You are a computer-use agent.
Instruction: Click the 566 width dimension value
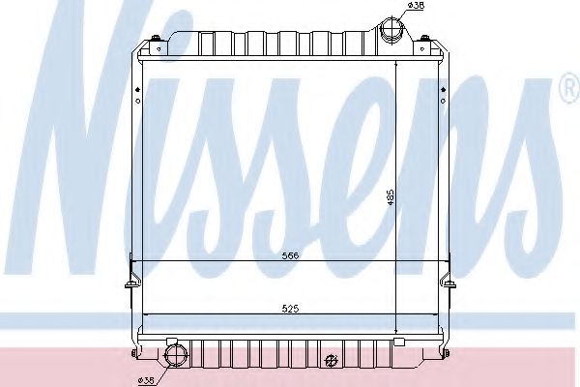[x=289, y=256]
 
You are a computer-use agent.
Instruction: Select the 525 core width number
[x=289, y=310]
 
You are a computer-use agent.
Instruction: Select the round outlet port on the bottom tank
[x=176, y=355]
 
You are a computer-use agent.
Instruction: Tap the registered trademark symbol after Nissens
[x=565, y=92]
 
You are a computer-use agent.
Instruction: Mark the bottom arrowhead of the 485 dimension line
[x=397, y=328]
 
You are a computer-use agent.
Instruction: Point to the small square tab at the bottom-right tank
[x=398, y=342]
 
